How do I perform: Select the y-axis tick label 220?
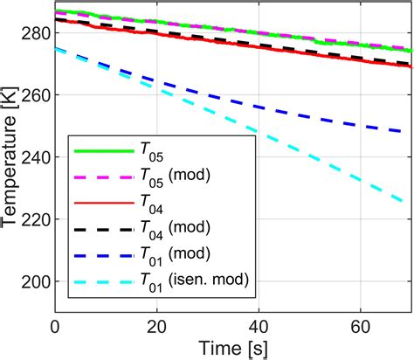[x=35, y=219]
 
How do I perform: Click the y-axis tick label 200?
[x=35, y=282]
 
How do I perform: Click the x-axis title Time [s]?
[x=233, y=347]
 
